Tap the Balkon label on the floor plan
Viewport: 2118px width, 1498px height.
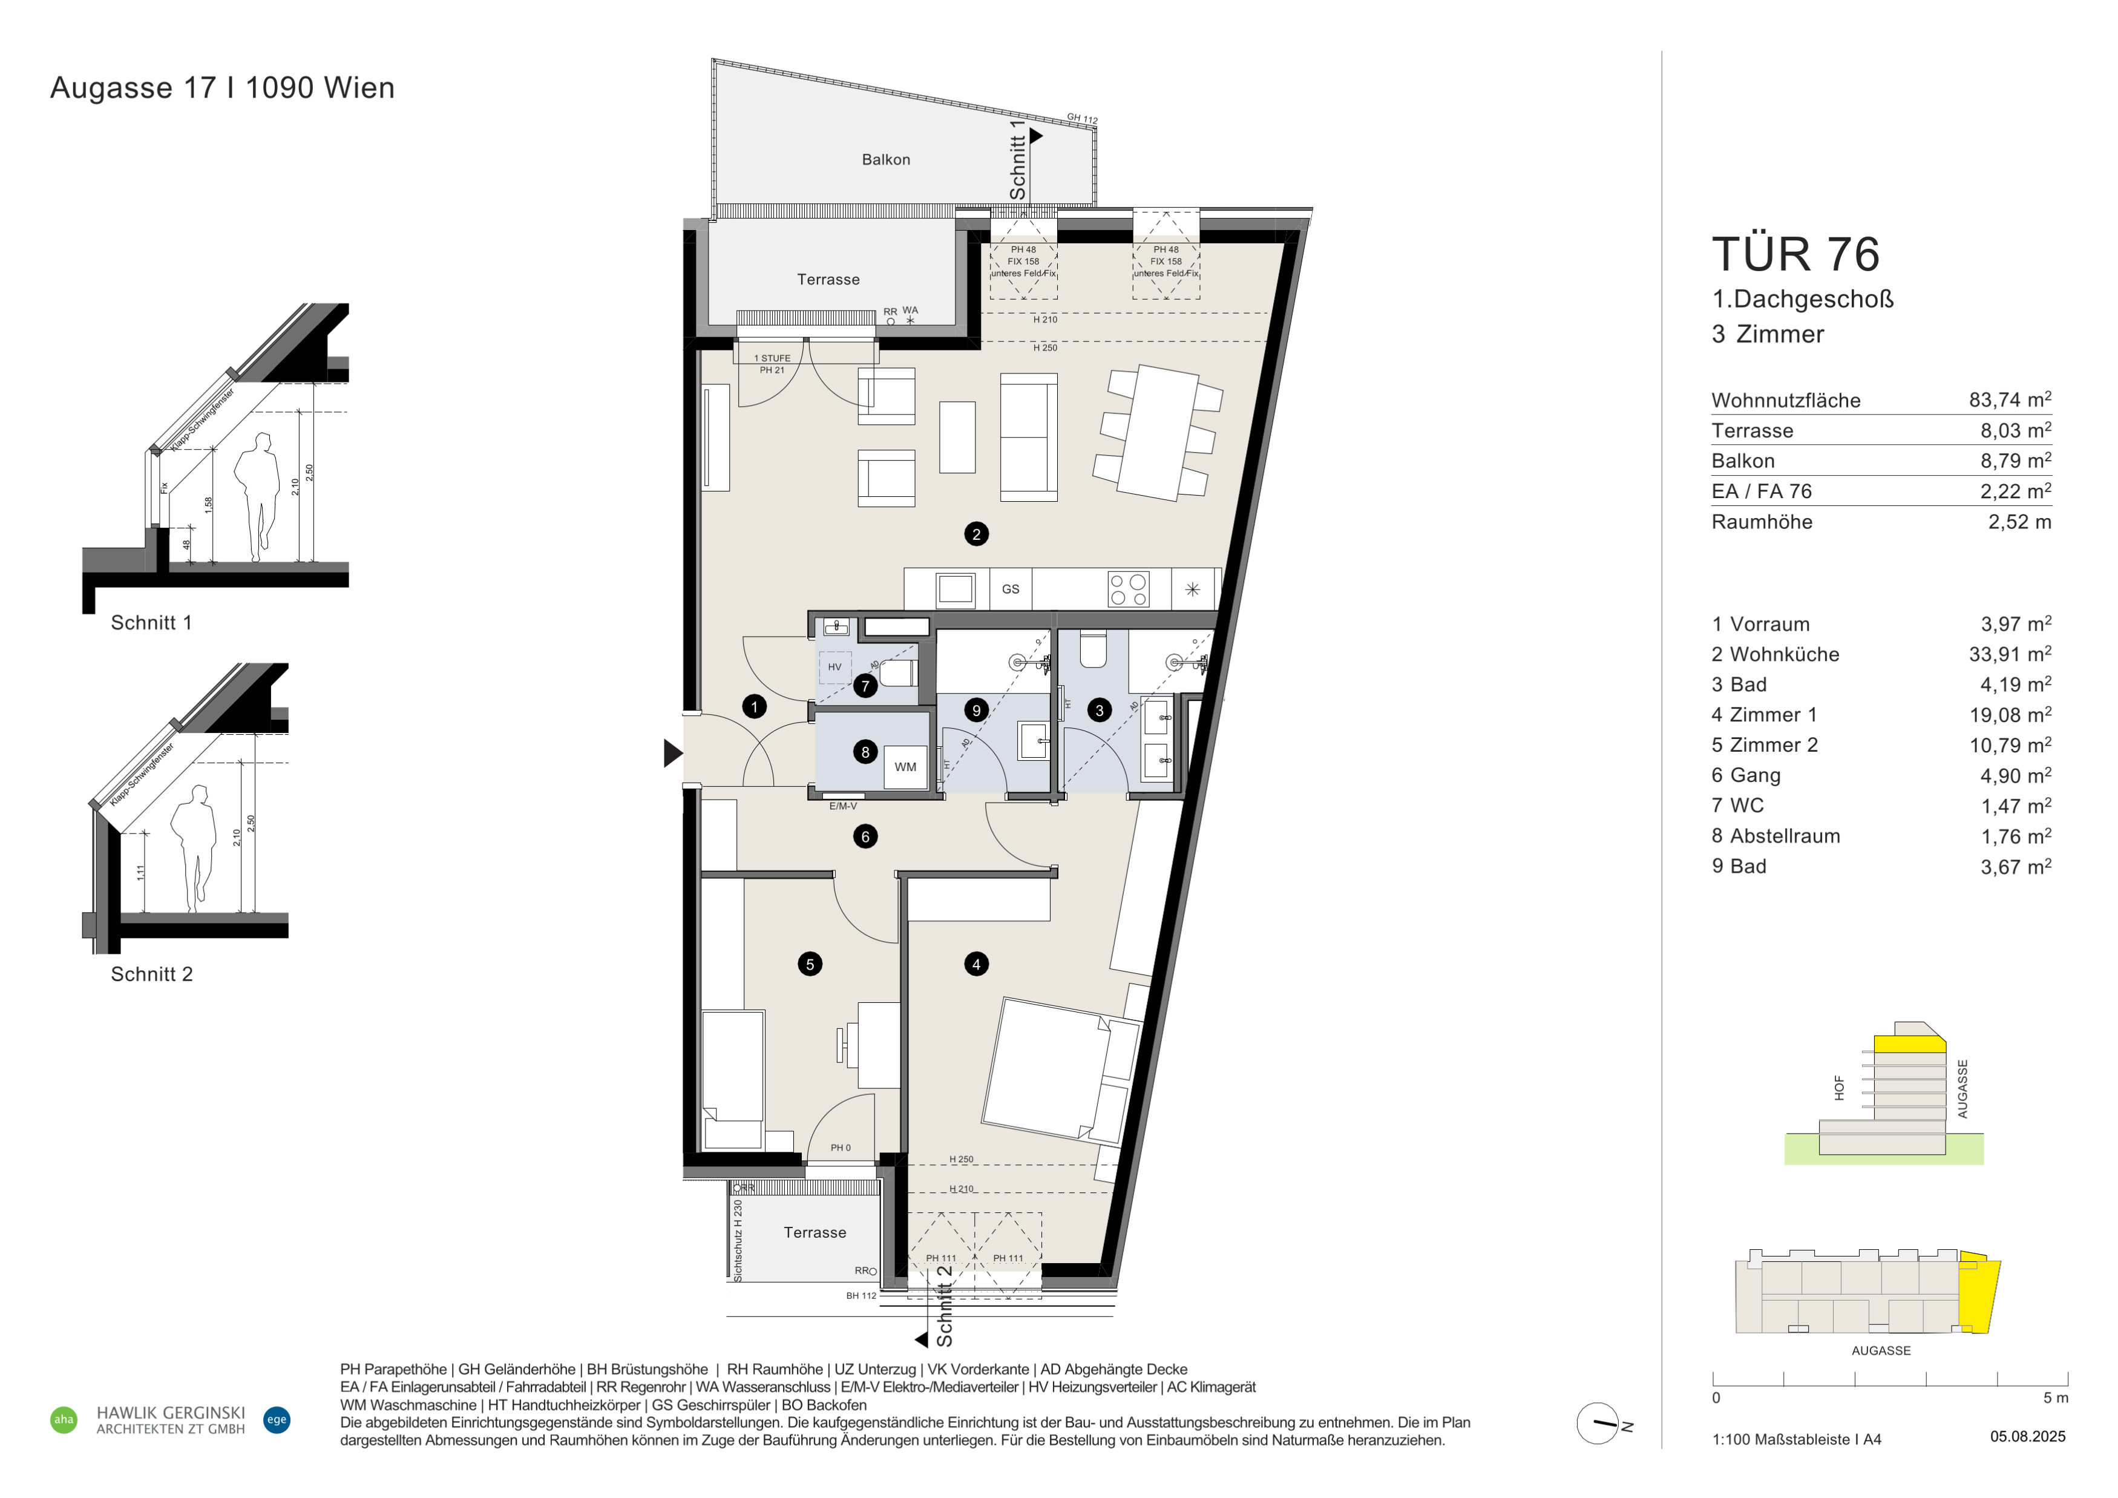885,160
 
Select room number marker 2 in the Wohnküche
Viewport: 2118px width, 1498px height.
976,534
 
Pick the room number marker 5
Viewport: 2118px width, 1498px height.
810,964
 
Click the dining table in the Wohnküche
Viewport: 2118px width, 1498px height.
1158,433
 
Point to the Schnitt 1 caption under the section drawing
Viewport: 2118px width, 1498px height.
151,623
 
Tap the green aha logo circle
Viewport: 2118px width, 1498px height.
64,1419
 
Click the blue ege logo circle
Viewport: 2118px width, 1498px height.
277,1419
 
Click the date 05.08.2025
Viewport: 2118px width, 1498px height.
2028,1436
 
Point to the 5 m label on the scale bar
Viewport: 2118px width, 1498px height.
2055,1398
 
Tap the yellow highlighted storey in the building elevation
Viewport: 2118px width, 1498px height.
1909,1044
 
